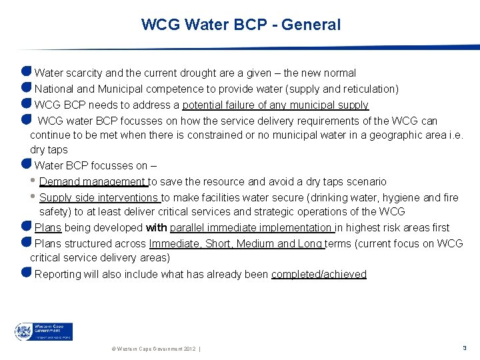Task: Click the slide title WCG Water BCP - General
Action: click(241, 25)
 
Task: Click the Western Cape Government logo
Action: click(44, 331)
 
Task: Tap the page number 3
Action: click(464, 348)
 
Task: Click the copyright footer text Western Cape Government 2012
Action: click(151, 349)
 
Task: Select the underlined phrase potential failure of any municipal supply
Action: click(275, 105)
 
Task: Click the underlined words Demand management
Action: click(93, 181)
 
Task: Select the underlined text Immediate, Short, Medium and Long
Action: click(236, 243)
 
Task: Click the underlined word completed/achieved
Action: click(319, 274)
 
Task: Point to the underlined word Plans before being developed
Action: click(48, 227)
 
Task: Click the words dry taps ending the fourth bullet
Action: click(49, 150)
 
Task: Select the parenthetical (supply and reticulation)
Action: click(341, 89)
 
